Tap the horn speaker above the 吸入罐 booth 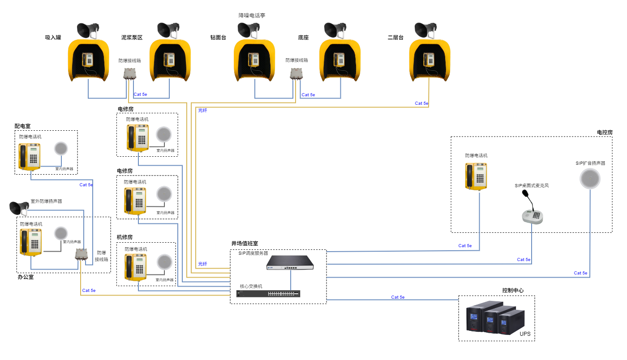87,30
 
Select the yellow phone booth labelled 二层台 429,60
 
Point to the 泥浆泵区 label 132,38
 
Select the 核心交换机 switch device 268,294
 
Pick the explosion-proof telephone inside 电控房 476,176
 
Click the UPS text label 525,334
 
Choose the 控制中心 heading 513,291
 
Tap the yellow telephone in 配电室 30,156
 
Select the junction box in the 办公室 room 81,254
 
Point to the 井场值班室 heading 245,243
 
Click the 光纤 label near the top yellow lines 203,110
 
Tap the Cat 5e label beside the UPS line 398,297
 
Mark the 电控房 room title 604,133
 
